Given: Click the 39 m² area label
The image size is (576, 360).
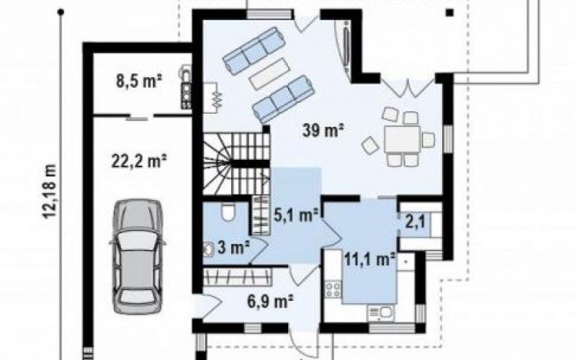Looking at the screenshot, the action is tap(323, 130).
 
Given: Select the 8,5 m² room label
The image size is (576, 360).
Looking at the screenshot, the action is tap(139, 81).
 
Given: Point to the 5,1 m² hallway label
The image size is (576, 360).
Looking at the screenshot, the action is tap(296, 215).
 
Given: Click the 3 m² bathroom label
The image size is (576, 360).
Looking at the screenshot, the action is tap(233, 247).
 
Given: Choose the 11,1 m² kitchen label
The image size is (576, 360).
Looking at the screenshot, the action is tap(369, 259).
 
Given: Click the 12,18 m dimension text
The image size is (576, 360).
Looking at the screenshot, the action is tap(50, 191).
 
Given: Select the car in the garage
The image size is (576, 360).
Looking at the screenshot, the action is tap(138, 256).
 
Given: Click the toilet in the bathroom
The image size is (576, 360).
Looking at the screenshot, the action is tap(228, 212).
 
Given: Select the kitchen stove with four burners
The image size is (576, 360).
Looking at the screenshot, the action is tap(333, 289).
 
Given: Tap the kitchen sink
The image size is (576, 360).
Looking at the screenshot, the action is tap(381, 313).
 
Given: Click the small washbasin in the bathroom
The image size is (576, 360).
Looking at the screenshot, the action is tap(209, 249).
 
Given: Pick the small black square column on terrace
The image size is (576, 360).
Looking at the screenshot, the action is tap(449, 13).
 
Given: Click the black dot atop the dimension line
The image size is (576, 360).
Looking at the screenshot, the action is tap(61, 13).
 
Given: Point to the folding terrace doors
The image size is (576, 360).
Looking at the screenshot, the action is tap(408, 88).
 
